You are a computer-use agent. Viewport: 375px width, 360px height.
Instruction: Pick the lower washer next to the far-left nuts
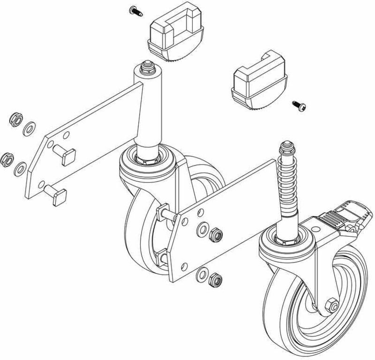[21, 168]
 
